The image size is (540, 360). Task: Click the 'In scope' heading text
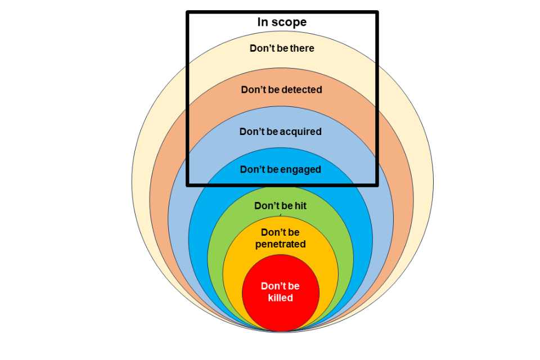(x=282, y=22)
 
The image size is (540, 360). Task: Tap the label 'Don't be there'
(x=282, y=48)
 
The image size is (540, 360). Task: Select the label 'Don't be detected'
(x=281, y=89)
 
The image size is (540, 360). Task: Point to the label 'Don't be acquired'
(x=281, y=132)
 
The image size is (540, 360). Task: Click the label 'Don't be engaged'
(x=281, y=169)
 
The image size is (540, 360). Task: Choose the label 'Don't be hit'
(x=280, y=206)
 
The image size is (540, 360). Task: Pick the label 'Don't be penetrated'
(x=280, y=238)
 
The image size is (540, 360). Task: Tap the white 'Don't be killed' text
(x=280, y=292)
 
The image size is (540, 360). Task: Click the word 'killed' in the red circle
(x=280, y=298)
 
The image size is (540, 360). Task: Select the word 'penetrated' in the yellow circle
(x=280, y=244)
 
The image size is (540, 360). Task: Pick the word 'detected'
(x=303, y=89)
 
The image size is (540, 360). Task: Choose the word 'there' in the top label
(x=303, y=48)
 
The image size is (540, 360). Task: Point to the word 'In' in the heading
(x=262, y=22)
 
